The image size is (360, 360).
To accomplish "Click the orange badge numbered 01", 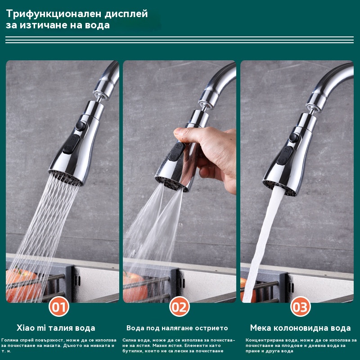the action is click(x=59, y=306).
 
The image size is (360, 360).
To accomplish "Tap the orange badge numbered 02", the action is click(x=180, y=306).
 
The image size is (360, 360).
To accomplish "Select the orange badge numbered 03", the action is click(x=300, y=306).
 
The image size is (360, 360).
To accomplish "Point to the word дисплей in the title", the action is click(x=126, y=14).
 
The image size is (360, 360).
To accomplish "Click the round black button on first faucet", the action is click(x=81, y=126).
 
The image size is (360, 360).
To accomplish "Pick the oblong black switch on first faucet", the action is click(x=72, y=144).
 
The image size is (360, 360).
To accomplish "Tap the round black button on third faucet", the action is click(x=294, y=137).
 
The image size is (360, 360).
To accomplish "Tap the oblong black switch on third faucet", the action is click(x=285, y=155).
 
